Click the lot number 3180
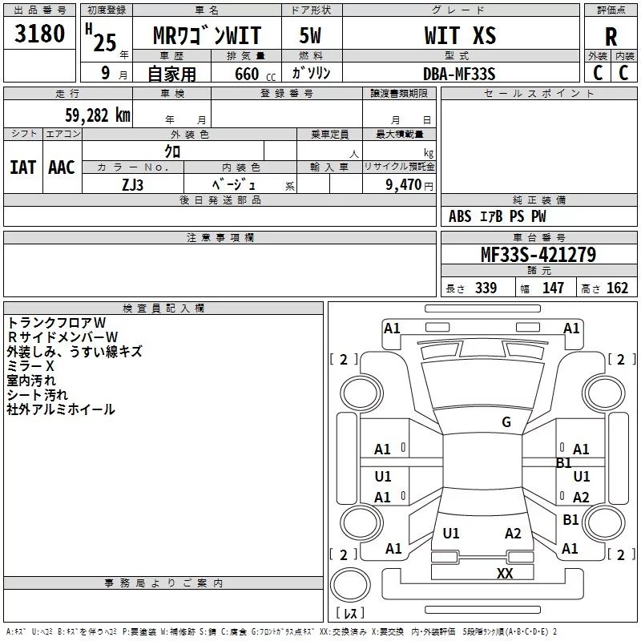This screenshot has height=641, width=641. click(39, 33)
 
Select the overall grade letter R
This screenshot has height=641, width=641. click(611, 37)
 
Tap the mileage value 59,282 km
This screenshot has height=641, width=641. click(98, 115)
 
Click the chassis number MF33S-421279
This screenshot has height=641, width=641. click(538, 255)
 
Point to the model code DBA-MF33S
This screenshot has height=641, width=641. click(459, 74)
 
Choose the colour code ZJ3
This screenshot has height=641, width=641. click(132, 185)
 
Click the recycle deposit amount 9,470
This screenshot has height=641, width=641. click(404, 184)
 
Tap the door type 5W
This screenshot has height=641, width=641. click(310, 35)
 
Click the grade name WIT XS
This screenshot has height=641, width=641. click(460, 35)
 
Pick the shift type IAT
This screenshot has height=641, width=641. click(23, 167)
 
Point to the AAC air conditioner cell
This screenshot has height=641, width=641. click(62, 167)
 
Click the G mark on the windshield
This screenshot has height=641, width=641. click(506, 422)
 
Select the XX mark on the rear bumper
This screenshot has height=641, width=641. click(505, 573)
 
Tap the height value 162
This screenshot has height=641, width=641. click(617, 288)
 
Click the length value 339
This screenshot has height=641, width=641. click(486, 288)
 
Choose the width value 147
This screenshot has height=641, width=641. click(553, 288)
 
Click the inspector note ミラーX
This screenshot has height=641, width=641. click(30, 366)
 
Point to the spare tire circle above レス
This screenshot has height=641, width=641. click(350, 584)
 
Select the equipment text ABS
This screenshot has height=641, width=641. click(460, 216)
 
